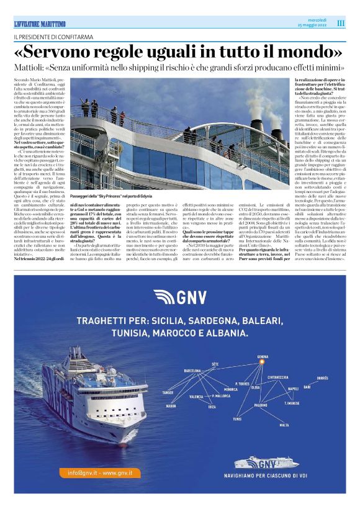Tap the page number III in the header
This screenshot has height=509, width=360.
coord(341,23)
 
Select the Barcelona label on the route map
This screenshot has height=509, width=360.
coord(192,370)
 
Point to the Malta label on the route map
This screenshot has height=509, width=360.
coord(284,425)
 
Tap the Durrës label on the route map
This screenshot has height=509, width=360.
coord(323,377)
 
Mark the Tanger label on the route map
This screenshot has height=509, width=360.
coord(168,392)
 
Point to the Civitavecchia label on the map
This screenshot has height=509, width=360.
coord(280,377)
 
